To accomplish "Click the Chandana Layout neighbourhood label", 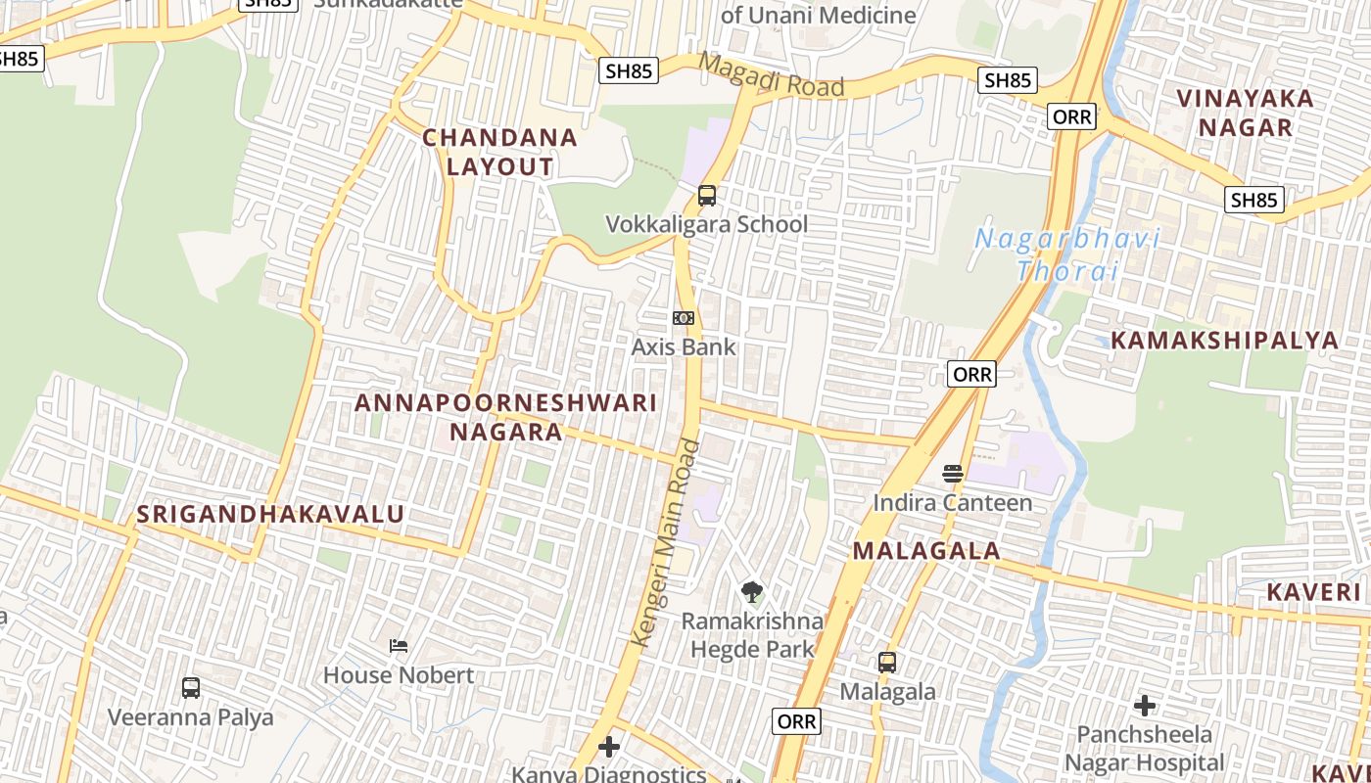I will point(499,152).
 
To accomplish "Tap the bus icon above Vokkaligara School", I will point(707,196).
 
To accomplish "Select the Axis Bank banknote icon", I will point(684,318).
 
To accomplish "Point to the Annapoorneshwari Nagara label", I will point(505,417).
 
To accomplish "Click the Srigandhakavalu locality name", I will point(270,514).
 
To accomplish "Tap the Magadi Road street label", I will point(773,76).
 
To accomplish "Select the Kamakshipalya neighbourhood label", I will point(1224,341).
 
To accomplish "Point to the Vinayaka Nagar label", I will point(1246,113).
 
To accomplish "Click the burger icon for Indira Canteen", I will point(953,474).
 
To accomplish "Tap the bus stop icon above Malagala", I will point(887,663).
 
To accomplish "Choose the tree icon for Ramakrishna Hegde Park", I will point(752,591).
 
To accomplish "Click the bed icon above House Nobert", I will point(399,646).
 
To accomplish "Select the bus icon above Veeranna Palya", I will point(191,688).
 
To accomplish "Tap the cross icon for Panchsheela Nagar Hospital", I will point(1144,705).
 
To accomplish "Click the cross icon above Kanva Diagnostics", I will point(609,747).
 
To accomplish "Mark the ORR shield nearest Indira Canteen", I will point(971,374).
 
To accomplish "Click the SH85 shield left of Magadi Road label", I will point(629,70).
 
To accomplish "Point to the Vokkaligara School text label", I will point(707,224).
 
